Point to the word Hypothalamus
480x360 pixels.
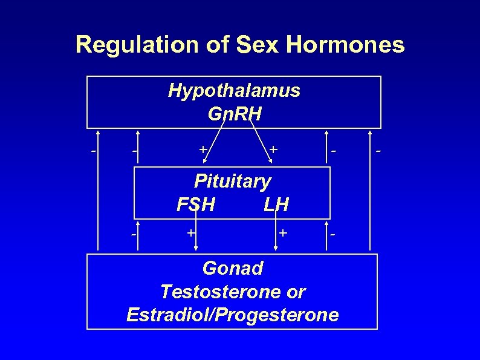coord(234,91)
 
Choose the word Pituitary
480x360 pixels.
coord(232,181)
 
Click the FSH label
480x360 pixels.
coord(195,205)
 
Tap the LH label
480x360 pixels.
coord(276,205)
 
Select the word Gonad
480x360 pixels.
coord(233,268)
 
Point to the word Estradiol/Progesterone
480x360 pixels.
coord(233,315)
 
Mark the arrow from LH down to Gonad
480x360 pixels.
coord(276,236)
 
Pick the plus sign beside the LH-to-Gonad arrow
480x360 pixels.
coord(282,232)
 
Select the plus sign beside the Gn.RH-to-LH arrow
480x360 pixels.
coord(274,148)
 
